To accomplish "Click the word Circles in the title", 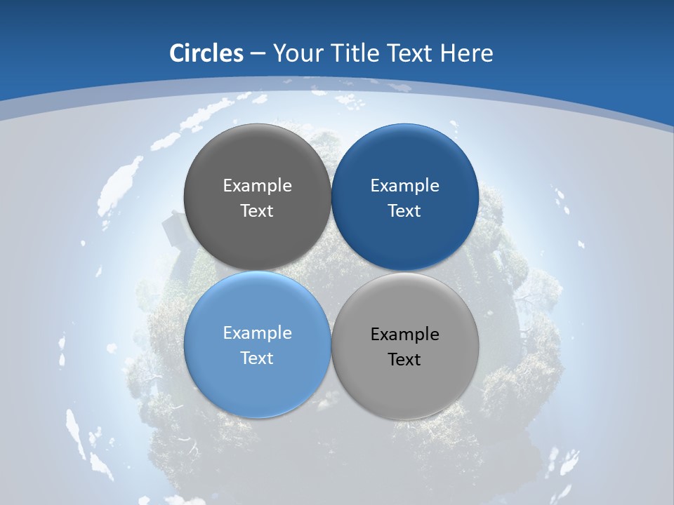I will point(206,53).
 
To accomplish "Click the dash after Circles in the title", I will point(258,54).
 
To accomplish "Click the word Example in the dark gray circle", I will point(257,186).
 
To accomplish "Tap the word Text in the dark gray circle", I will point(257,211).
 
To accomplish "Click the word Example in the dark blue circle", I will point(405,186).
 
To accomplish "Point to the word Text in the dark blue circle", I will point(405,211).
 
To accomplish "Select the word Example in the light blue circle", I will point(257,333).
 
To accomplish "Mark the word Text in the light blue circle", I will point(257,358).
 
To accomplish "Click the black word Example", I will point(405,335).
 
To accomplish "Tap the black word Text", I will point(405,360).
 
